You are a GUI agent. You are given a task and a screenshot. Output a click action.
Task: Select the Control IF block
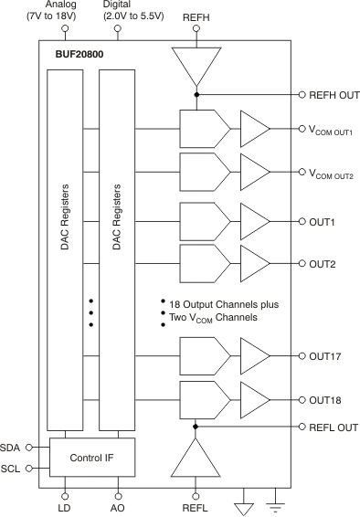(x=91, y=455)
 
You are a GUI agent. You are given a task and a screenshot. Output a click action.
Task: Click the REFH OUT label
(x=334, y=95)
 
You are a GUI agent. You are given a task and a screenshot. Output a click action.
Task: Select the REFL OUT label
(x=334, y=426)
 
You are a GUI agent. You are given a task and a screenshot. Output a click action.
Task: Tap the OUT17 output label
(x=325, y=357)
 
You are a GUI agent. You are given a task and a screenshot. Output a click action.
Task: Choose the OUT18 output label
(x=325, y=399)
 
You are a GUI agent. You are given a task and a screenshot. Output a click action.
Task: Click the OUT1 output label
(x=323, y=221)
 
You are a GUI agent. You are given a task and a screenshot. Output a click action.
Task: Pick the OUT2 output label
(x=323, y=263)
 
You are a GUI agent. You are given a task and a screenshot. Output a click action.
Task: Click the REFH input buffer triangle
(x=196, y=65)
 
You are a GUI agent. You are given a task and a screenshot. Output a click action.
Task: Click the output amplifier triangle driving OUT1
(x=253, y=221)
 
